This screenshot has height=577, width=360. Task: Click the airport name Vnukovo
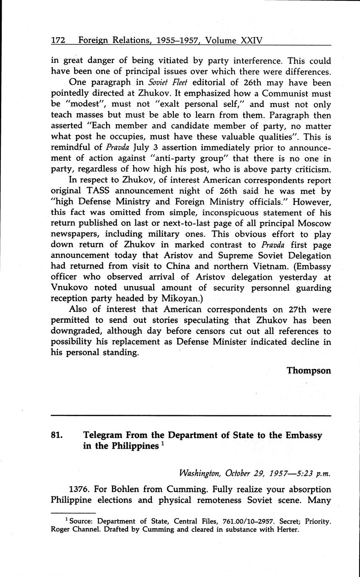pos(68,288)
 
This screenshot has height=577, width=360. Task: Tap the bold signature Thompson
pos(309,370)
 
